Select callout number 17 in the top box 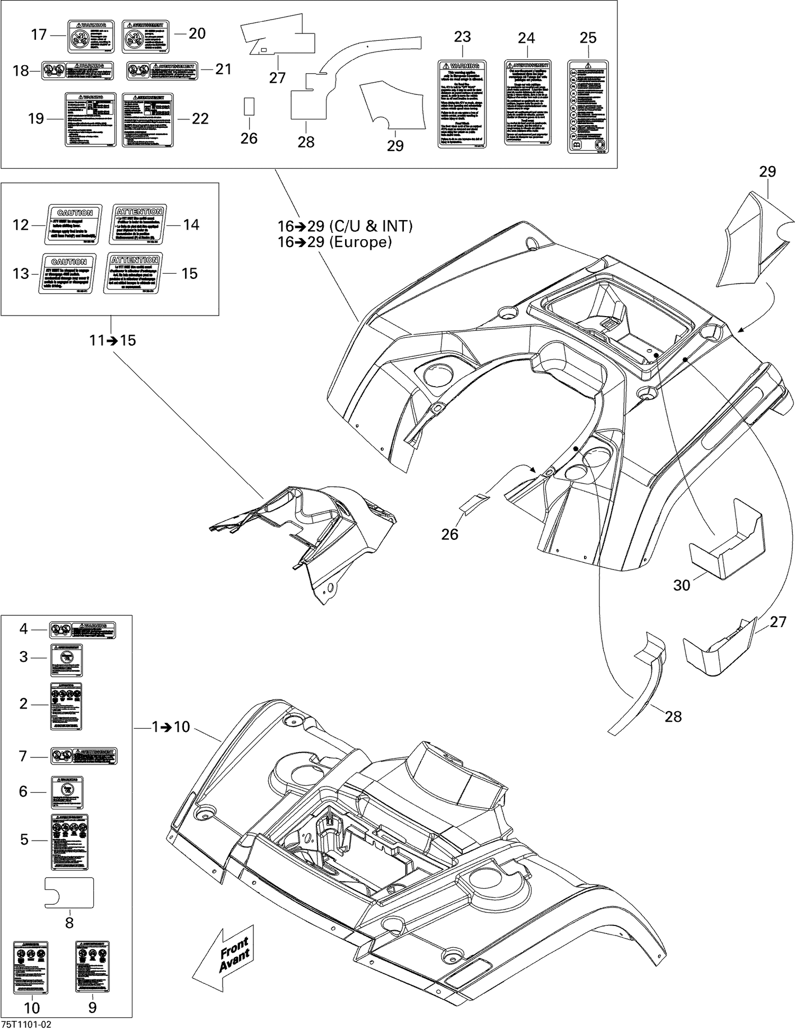pos(39,35)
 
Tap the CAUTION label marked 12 pos(74,224)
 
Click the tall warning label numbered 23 pos(462,104)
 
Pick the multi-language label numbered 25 pos(588,107)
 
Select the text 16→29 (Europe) pos(335,242)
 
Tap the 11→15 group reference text pos(112,340)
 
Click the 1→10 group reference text pos(171,727)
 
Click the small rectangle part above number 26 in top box pos(249,106)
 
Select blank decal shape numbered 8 pos(69,893)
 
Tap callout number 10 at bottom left pos(32,1008)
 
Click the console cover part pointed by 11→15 pos(313,530)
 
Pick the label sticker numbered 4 pos(83,630)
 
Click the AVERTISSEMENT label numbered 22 pos(147,120)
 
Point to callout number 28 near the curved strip pos(673,717)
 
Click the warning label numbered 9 pos(92,967)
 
